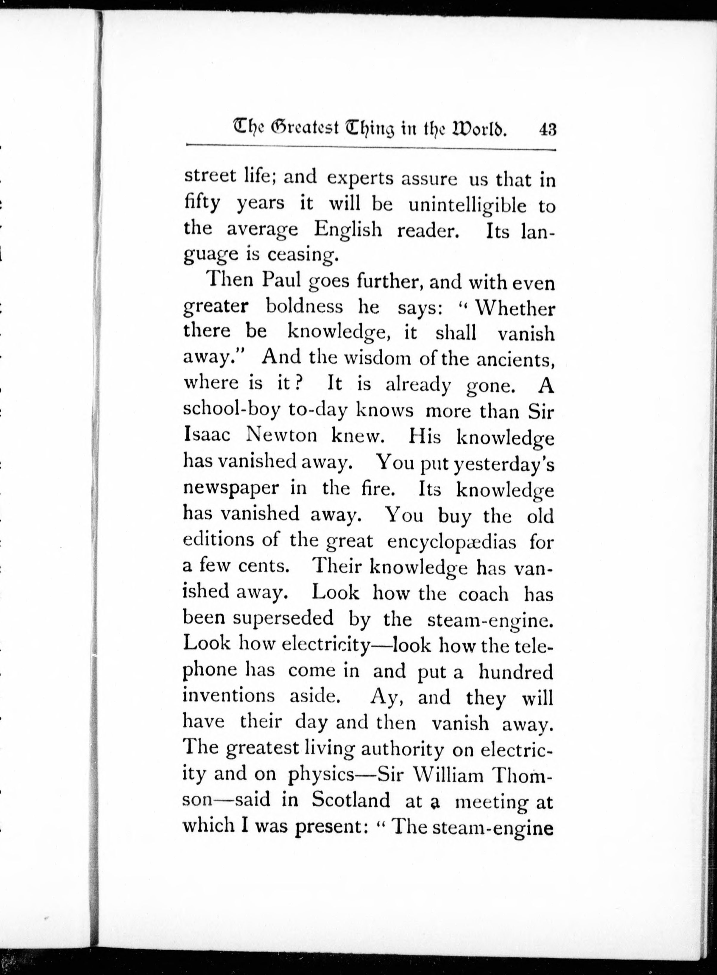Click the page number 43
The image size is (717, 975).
click(547, 130)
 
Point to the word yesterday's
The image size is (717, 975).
click(504, 464)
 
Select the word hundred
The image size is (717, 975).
click(516, 671)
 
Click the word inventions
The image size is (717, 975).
click(228, 696)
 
